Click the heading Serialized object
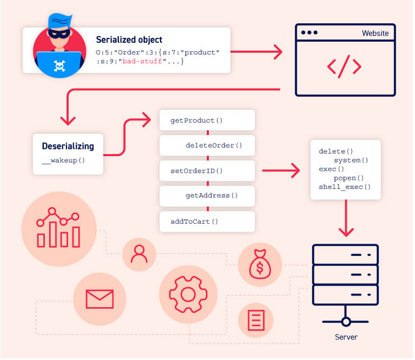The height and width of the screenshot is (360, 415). pyautogui.click(x=129, y=39)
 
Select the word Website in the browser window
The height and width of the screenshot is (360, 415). pyautogui.click(x=375, y=33)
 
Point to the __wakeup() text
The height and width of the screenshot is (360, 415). pyautogui.click(x=63, y=161)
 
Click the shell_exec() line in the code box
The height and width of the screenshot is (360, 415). pyautogui.click(x=345, y=187)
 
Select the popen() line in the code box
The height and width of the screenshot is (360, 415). pyautogui.click(x=352, y=178)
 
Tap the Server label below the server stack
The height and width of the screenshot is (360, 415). pyautogui.click(x=346, y=337)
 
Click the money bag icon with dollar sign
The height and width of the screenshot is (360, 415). pyautogui.click(x=259, y=265)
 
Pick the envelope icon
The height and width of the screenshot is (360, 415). pyautogui.click(x=100, y=299)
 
